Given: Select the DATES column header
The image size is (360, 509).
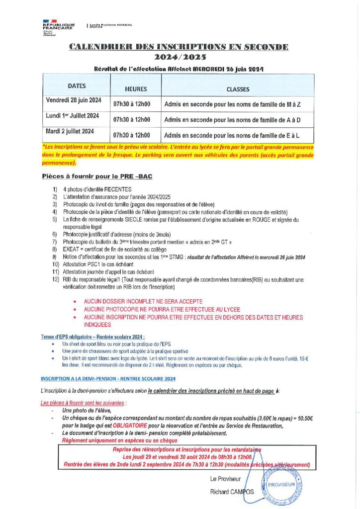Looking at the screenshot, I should click(77, 86).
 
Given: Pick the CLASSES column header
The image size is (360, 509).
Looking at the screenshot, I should click(238, 89).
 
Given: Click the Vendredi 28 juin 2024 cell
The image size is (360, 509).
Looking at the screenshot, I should click(74, 100).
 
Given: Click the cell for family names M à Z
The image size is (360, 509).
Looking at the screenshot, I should click(232, 105).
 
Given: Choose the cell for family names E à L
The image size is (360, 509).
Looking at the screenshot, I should click(232, 135).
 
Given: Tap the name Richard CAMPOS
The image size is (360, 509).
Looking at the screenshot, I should click(232, 492).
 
